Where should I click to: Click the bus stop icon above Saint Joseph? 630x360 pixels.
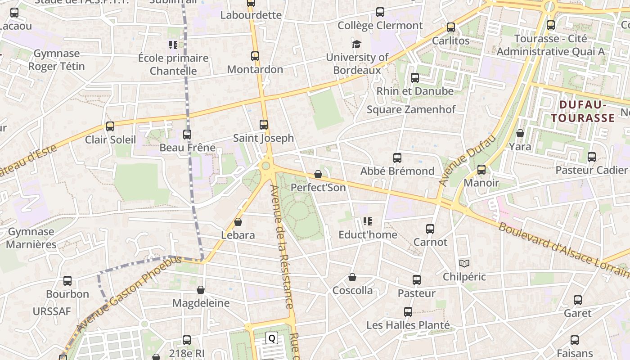click(264, 125)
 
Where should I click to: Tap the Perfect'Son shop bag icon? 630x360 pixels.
click(318, 174)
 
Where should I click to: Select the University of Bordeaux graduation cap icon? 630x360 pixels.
click(357, 44)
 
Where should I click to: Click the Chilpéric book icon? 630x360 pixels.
click(464, 263)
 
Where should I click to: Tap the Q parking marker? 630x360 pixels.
click(272, 338)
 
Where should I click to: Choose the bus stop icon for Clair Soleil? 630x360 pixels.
click(110, 126)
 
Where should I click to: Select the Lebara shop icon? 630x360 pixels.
click(238, 222)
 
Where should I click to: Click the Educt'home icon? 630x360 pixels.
click(368, 221)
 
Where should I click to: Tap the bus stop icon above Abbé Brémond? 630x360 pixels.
click(397, 158)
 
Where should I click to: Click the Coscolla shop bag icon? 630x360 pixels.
click(352, 277)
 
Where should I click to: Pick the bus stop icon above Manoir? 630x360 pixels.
click(481, 170)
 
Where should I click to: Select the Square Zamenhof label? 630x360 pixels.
click(411, 109)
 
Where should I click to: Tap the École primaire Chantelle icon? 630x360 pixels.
click(173, 45)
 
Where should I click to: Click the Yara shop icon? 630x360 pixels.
click(520, 133)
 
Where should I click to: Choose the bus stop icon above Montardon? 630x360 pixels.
click(255, 56)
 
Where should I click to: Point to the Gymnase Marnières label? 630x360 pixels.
click(31, 238)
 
